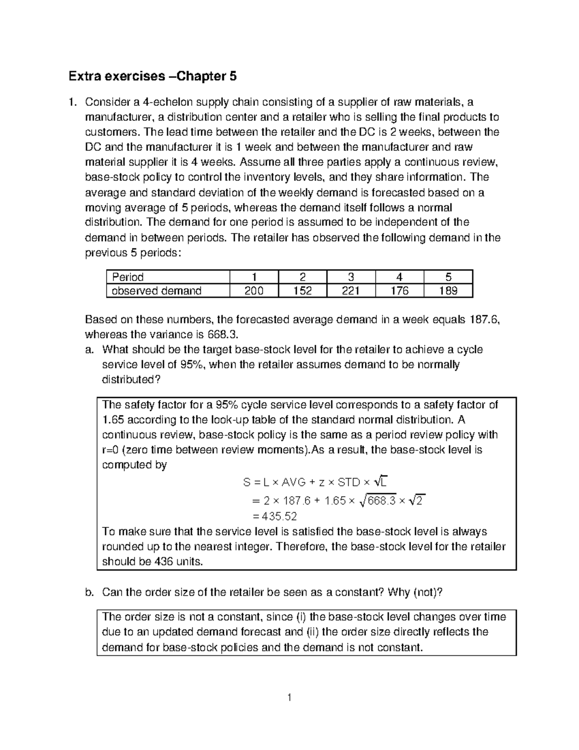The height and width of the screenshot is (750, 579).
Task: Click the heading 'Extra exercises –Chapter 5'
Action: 152,76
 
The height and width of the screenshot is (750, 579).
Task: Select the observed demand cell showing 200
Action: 254,291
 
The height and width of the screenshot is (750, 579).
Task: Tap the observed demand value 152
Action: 302,291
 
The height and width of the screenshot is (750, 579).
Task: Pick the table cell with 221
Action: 351,291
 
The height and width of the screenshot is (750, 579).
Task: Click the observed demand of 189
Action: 448,291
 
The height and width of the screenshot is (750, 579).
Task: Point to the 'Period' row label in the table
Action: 128,277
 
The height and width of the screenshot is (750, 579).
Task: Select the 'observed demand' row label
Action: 157,291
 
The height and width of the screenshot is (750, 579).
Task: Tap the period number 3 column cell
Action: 351,277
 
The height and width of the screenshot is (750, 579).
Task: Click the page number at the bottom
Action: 289,697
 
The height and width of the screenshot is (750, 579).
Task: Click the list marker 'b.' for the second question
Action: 89,593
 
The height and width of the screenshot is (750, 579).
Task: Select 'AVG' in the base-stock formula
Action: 293,482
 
